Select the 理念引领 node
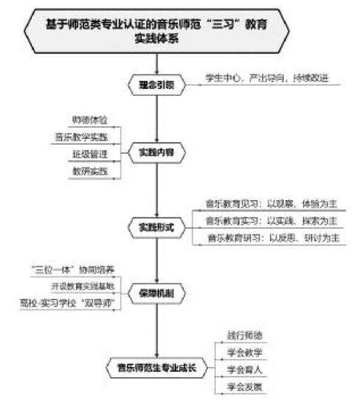coord(157,85)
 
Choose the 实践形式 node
coord(157,227)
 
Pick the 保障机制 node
coord(157,295)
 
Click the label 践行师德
coord(241,335)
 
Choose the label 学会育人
coord(241,368)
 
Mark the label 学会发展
coord(241,384)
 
